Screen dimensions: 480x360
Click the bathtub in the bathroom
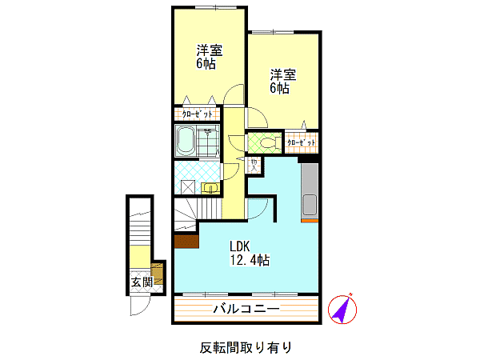pyautogui.click(x=186, y=141)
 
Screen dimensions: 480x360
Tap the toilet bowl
pyautogui.click(x=270, y=142)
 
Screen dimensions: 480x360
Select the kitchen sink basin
pyautogui.click(x=310, y=205)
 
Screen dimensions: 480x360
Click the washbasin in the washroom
pyautogui.click(x=210, y=188)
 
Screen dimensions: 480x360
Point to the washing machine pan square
pyautogui.click(x=188, y=186)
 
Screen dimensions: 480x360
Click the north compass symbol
pyautogui.click(x=342, y=309)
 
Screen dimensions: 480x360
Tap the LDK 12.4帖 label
pyautogui.click(x=250, y=253)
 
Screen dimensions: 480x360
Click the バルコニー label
pyautogui.click(x=246, y=309)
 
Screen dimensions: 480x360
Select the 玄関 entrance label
pyautogui.click(x=142, y=282)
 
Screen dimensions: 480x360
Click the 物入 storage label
pyautogui.click(x=254, y=165)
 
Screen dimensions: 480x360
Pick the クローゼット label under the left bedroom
pyautogui.click(x=197, y=114)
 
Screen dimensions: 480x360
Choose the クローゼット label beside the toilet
pyautogui.click(x=302, y=142)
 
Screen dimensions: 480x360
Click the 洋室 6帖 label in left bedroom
pyautogui.click(x=210, y=57)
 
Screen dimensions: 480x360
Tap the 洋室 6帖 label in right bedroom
pyautogui.click(x=283, y=82)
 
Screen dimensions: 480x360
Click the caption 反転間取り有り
pyautogui.click(x=246, y=347)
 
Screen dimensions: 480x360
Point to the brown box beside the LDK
pyautogui.click(x=186, y=242)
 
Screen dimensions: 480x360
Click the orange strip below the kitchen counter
pyautogui.click(x=310, y=221)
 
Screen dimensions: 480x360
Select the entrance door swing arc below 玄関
pyautogui.click(x=144, y=310)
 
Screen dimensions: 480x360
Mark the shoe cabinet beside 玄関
pyautogui.click(x=158, y=274)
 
